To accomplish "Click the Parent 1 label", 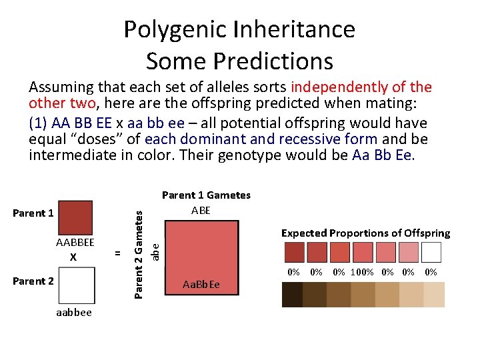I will (33, 213).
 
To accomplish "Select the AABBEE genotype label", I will (75, 243).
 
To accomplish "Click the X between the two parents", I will (73, 257).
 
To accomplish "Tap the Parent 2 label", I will (33, 281).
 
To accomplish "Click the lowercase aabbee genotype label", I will (73, 312).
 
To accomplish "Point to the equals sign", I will (117, 253).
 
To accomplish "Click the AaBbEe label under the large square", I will (201, 285).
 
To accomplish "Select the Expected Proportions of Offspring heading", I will (365, 233).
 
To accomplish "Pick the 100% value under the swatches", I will (363, 272).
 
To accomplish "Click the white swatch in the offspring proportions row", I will (431, 252).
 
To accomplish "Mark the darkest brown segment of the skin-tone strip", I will (292, 294).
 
